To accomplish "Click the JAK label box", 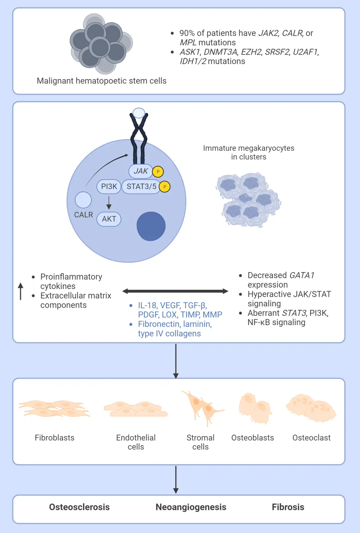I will (x=140, y=171).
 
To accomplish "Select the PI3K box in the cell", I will (x=109, y=186).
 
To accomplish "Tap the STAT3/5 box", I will (x=141, y=186).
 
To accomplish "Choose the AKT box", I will (x=109, y=219).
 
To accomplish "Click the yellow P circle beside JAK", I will (x=158, y=172).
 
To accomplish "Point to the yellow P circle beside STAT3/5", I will (x=165, y=186).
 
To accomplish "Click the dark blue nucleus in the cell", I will (x=151, y=226).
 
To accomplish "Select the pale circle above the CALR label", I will (x=83, y=200).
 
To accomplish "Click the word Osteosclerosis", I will (x=79, y=507).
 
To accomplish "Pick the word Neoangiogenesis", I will (x=191, y=507).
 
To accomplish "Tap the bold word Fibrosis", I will (x=288, y=507).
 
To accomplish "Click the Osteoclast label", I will (x=311, y=438).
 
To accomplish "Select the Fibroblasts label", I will (x=55, y=438).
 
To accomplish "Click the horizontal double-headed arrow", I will (x=175, y=291).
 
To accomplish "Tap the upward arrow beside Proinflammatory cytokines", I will (x=21, y=291).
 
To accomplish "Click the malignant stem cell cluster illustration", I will (x=101, y=43).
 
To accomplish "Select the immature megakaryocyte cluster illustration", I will (x=248, y=199).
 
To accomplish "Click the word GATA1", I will (x=302, y=275).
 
